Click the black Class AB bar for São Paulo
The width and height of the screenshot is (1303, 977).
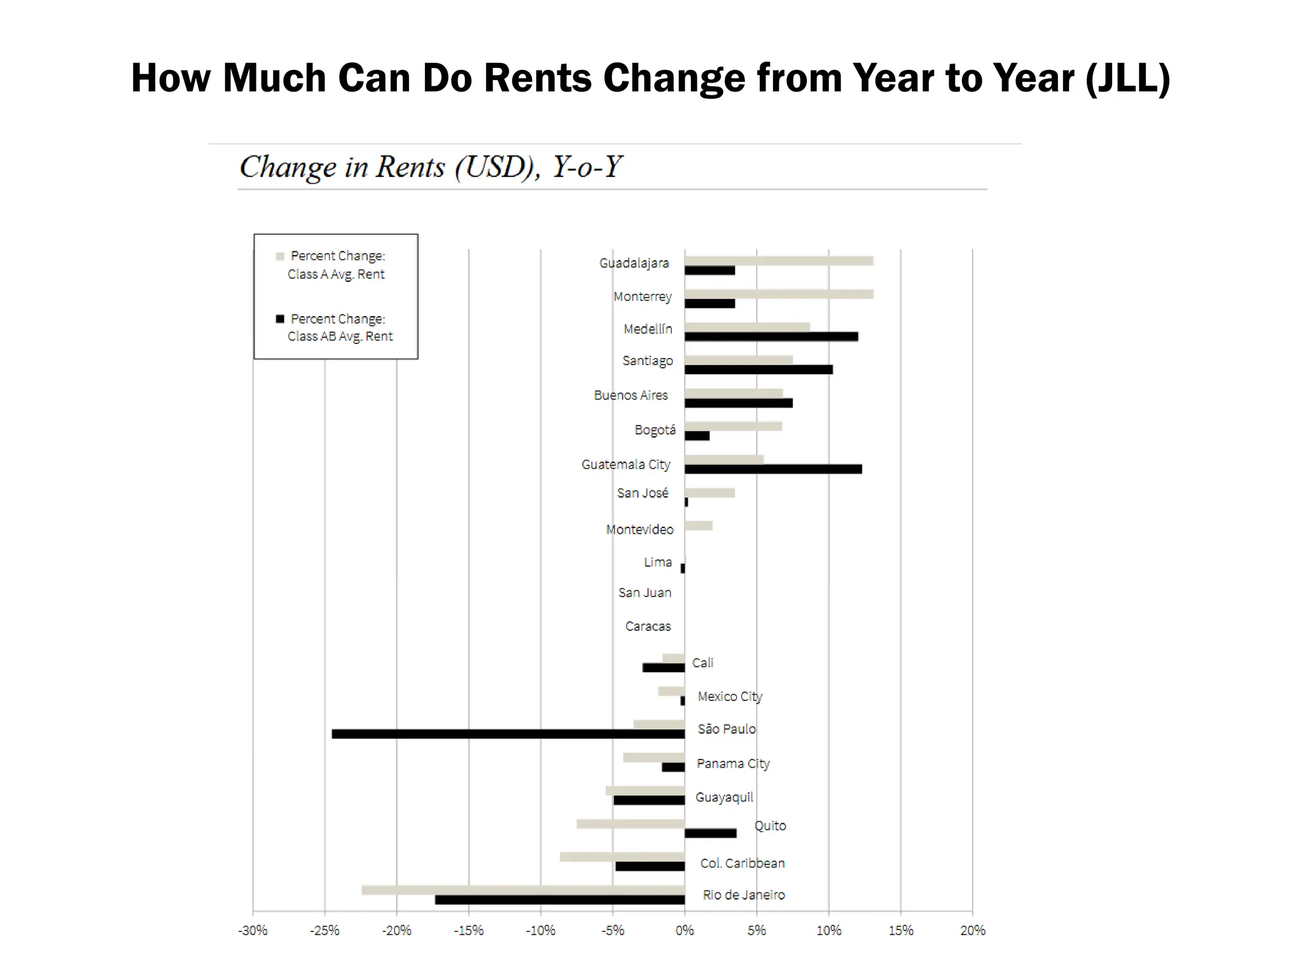[508, 734]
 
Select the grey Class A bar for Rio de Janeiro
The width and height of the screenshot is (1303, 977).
[523, 890]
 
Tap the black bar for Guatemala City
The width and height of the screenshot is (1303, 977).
[773, 469]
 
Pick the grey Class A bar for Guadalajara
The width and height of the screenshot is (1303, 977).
[779, 261]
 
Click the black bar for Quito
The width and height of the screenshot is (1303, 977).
[710, 833]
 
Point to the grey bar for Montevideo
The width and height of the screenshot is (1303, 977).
[699, 525]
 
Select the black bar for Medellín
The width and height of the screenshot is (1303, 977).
[771, 336]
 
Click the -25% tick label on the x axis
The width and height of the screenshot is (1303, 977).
[324, 931]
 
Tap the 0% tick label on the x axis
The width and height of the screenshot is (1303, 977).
[685, 931]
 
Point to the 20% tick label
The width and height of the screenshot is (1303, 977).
[972, 931]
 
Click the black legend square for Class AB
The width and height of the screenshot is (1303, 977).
[280, 319]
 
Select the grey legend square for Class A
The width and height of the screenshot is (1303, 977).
[280, 256]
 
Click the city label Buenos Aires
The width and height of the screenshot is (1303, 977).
[631, 395]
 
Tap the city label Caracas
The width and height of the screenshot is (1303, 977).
[648, 627]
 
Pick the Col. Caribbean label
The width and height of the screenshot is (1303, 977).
[742, 863]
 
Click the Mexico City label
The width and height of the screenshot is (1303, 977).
[730, 696]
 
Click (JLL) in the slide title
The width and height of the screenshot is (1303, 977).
[1127, 78]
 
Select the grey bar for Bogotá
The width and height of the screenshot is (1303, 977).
[733, 426]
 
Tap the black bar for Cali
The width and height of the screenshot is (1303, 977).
[664, 668]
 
